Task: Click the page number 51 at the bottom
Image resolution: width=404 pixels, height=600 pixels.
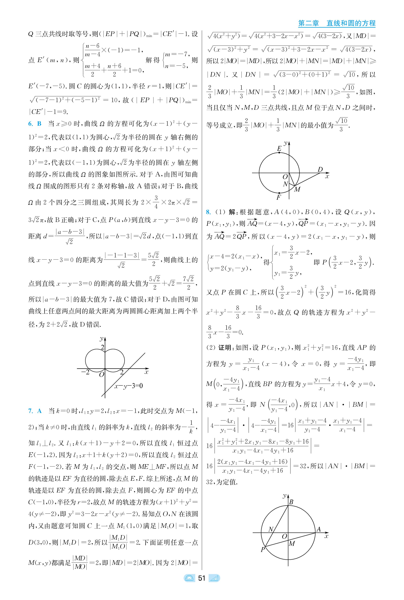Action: point(201,578)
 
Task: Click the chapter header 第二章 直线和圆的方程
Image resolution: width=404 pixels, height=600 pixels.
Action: point(336,23)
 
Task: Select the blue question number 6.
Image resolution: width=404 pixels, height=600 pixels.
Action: point(31,124)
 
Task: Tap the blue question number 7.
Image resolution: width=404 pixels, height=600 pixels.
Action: point(31,411)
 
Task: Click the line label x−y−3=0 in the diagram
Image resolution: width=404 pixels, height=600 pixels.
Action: point(128,386)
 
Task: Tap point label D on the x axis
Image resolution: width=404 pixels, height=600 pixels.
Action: point(320,169)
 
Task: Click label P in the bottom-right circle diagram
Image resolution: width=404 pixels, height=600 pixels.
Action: point(263,550)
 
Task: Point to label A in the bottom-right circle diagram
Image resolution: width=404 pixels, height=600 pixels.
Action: point(318,530)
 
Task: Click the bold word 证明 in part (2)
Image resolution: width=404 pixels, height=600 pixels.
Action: point(224,348)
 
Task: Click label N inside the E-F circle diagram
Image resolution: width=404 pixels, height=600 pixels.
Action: point(285,184)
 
